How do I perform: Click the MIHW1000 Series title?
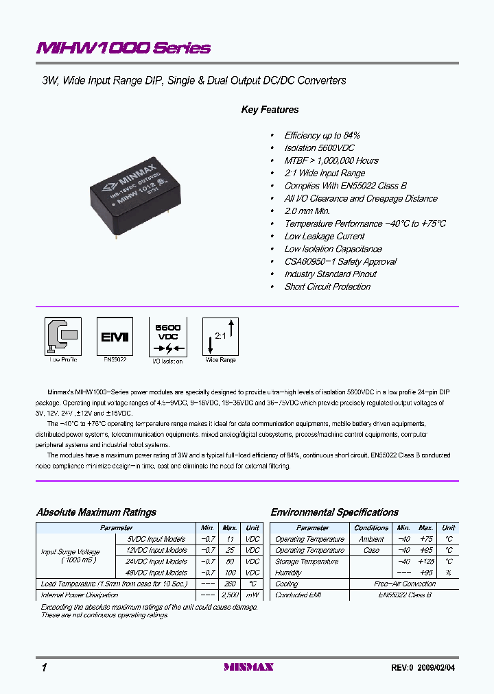[123, 48]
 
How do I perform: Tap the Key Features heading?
[270, 110]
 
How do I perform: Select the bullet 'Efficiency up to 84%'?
[322, 136]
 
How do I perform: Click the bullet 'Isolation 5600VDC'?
[319, 148]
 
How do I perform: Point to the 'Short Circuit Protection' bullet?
[327, 287]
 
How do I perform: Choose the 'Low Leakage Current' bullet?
[325, 237]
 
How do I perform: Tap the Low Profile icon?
[63, 336]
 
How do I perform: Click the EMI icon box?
[115, 336]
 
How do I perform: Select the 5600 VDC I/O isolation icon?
[167, 336]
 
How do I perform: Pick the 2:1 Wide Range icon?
[220, 336]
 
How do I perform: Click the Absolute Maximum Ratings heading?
[96, 512]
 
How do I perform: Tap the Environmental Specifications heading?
[334, 512]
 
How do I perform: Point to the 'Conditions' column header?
[371, 528]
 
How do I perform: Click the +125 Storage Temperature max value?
[426, 562]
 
